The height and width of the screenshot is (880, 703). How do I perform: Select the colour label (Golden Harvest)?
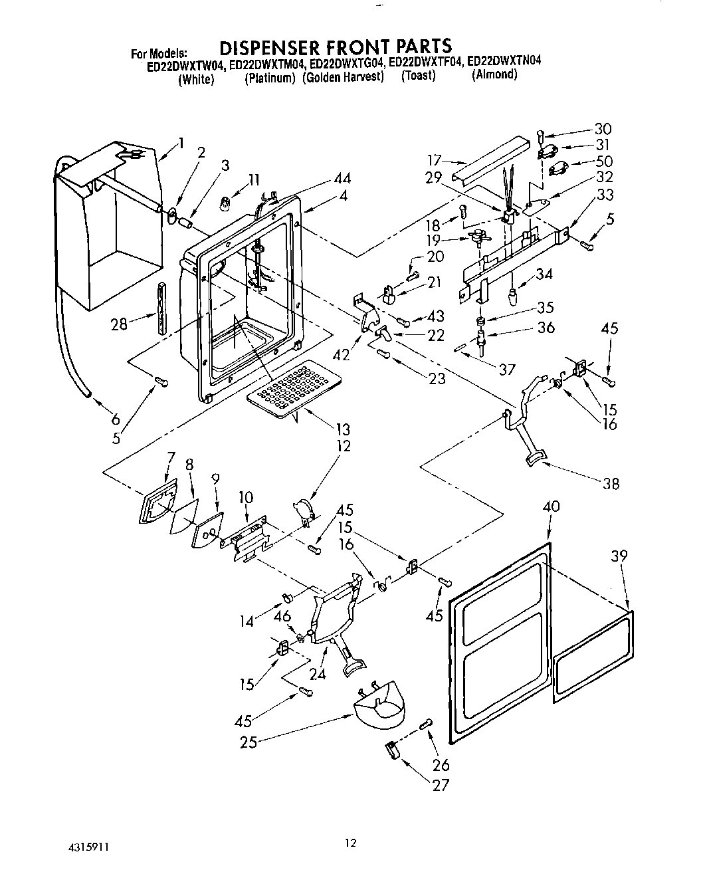coord(344,77)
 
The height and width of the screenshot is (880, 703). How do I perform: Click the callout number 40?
coord(551,506)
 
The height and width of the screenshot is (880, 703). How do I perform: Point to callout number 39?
coord(619,556)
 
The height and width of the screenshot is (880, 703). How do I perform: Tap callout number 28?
coord(119,324)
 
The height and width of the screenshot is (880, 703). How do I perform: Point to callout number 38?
coord(610,484)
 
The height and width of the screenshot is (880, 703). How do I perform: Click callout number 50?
coord(603,161)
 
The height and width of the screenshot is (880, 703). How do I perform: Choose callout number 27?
coord(441,785)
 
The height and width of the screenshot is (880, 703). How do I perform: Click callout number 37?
coord(507,368)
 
